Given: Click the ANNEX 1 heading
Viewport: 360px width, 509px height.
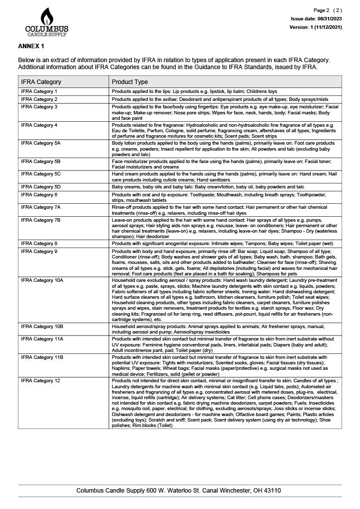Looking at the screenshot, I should (x=31, y=46).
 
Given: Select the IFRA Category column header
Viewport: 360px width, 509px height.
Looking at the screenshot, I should (x=41, y=82).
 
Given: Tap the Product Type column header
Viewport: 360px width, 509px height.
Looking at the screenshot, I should (x=130, y=82).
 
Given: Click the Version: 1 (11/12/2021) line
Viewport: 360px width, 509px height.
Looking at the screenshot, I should (x=315, y=27).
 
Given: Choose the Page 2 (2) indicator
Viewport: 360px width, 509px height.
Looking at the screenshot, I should (x=328, y=10).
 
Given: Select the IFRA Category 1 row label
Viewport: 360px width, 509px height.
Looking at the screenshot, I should (x=39, y=92).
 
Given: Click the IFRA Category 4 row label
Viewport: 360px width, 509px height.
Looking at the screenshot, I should (x=39, y=125).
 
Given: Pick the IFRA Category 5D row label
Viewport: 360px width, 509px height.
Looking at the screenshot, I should (x=41, y=187).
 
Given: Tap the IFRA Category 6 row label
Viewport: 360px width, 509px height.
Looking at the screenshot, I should (x=39, y=194).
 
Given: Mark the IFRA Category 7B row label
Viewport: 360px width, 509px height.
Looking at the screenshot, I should (x=41, y=220).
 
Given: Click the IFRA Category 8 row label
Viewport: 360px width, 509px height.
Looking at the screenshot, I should (x=39, y=244).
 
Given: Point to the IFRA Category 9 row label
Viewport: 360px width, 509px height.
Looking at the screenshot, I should (x=39, y=252).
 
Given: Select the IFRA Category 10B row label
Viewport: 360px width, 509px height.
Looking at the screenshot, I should (x=42, y=326).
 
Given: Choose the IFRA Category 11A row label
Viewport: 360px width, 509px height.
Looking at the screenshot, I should (x=42, y=339).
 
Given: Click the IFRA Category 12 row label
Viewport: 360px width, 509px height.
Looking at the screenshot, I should (x=41, y=381).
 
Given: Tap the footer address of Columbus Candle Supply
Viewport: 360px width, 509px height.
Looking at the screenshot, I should (x=179, y=490).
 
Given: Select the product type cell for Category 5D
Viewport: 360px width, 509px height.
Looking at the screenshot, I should (x=208, y=187).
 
